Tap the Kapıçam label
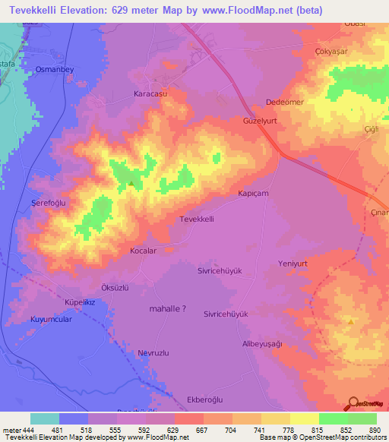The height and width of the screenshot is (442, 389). [254, 194]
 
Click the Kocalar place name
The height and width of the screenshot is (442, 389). [143, 250]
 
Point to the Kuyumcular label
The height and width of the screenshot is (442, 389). [51, 320]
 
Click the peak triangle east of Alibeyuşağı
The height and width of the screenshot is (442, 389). [350, 321]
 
